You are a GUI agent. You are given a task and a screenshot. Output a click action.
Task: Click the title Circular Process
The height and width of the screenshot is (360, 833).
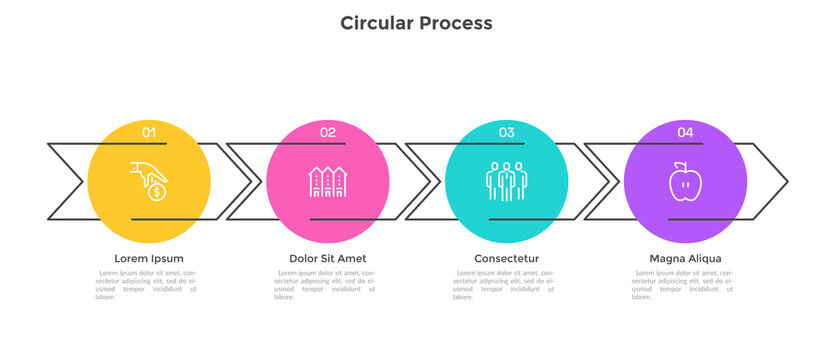point(416,22)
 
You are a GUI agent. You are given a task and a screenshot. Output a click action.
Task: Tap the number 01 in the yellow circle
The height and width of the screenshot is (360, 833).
point(149,132)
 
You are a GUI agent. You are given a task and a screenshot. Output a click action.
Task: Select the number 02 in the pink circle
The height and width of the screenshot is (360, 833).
point(328,132)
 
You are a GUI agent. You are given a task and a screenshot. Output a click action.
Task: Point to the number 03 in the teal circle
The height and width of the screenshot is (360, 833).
point(507,132)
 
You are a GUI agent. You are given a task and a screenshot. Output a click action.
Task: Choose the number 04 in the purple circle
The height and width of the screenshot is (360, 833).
point(685,132)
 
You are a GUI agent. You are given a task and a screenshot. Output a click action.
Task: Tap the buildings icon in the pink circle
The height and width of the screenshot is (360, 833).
point(328,180)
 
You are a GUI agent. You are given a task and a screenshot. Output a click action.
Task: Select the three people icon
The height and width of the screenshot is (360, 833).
point(506,180)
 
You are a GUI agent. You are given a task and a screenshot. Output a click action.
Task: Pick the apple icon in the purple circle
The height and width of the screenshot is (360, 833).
point(685,181)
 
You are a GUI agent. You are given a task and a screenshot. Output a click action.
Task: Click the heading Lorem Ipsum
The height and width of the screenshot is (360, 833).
point(149,258)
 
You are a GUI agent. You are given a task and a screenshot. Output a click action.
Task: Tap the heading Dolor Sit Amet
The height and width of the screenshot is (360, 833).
point(328,258)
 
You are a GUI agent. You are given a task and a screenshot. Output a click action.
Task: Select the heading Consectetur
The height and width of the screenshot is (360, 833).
point(506,258)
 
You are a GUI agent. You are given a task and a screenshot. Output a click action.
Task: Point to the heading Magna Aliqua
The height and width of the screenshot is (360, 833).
point(685,258)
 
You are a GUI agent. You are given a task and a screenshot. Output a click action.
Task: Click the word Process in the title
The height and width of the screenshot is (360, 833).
point(455,22)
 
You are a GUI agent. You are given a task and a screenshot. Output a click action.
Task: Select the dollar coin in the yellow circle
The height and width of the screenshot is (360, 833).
point(156,190)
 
